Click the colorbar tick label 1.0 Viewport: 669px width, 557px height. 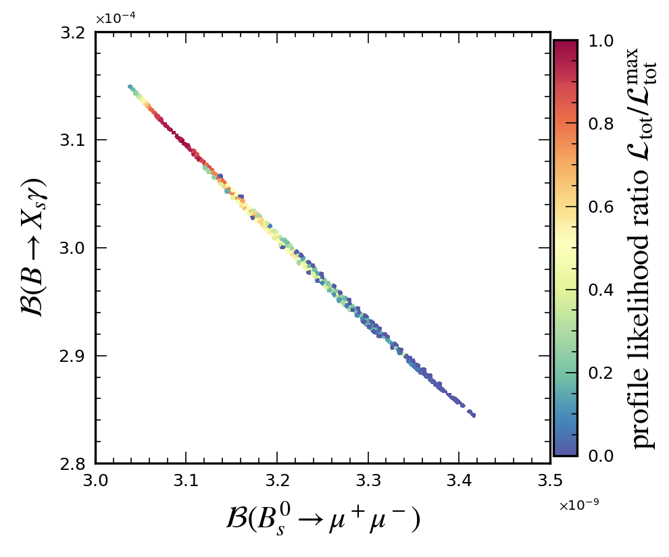coord(601,41)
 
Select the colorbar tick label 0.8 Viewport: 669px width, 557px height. coord(601,124)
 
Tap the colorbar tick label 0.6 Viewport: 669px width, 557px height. coord(601,207)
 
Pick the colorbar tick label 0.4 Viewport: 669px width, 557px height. coord(601,290)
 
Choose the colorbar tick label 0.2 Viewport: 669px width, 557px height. coord(601,373)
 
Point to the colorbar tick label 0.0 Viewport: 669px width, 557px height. coord(601,456)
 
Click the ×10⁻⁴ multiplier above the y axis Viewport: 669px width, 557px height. coord(116,19)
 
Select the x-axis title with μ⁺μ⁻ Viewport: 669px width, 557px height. coord(323,519)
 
